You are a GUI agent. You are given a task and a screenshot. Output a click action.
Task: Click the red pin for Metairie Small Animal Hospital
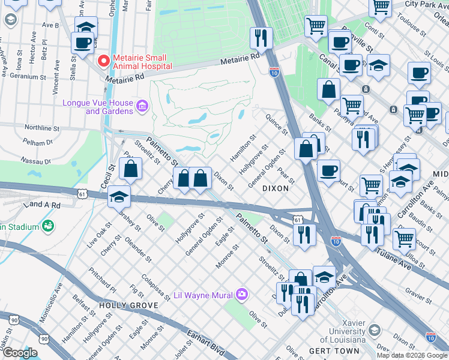point(103,61)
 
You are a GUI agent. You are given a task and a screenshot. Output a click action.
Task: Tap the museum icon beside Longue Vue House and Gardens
point(143,107)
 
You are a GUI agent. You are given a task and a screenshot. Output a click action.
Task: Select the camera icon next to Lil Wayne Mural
point(241,294)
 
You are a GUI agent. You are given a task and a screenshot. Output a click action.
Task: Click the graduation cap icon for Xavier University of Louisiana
point(374,331)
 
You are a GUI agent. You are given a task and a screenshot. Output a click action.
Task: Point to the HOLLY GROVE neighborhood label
point(120,305)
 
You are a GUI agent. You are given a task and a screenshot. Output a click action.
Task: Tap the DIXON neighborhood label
point(276,188)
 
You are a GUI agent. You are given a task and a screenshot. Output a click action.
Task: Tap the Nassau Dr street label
point(37,161)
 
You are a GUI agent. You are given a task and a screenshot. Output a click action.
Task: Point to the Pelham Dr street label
point(38,143)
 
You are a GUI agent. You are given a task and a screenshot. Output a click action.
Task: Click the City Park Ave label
point(427,4)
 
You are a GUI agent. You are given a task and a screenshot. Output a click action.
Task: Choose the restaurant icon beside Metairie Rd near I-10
point(261,38)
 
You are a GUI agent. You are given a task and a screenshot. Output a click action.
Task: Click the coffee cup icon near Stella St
point(82,43)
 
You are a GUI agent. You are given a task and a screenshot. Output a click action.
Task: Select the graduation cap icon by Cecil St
point(119,197)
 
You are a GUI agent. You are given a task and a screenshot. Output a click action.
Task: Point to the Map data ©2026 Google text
point(412,355)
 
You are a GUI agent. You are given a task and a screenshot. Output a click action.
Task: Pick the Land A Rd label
point(43,205)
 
